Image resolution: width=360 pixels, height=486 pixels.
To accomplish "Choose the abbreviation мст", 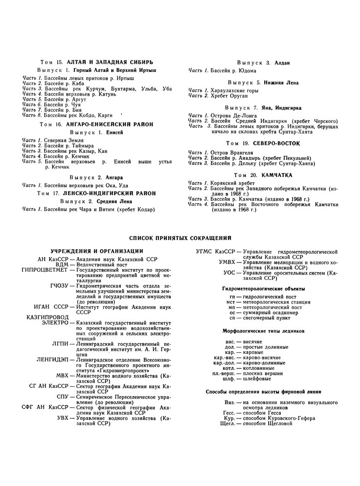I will (x=231, y=301).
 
